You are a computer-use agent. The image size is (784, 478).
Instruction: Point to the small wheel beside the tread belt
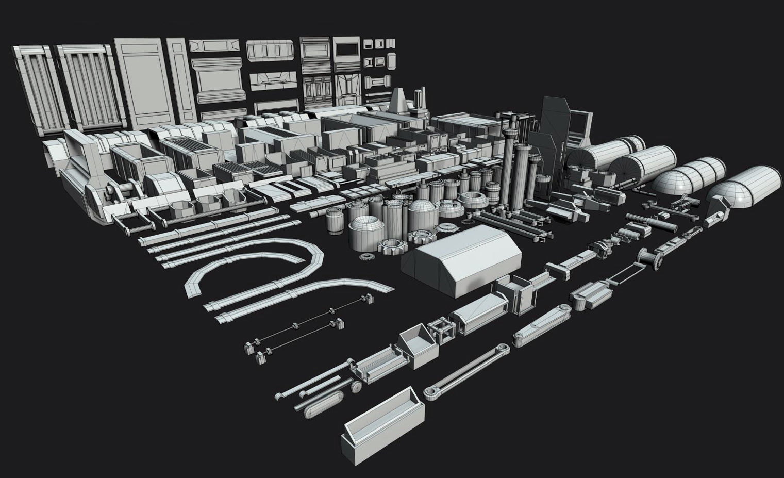(x=355, y=387)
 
